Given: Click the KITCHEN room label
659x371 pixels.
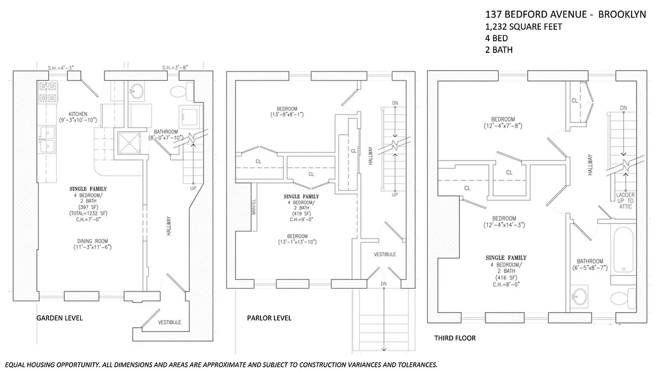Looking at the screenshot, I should (78, 114).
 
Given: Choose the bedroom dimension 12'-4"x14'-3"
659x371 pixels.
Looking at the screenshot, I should (504, 225).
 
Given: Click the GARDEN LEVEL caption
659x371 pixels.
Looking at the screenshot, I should (59, 318).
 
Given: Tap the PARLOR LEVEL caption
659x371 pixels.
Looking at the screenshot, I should (269, 318).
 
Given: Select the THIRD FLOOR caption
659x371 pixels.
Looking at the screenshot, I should (455, 338).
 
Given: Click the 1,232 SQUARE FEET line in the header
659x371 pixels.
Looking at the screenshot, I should (524, 27).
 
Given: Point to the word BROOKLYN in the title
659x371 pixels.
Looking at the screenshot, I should (622, 14).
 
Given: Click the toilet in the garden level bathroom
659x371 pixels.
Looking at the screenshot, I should (178, 91).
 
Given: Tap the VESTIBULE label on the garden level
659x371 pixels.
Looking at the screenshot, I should (170, 322).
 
